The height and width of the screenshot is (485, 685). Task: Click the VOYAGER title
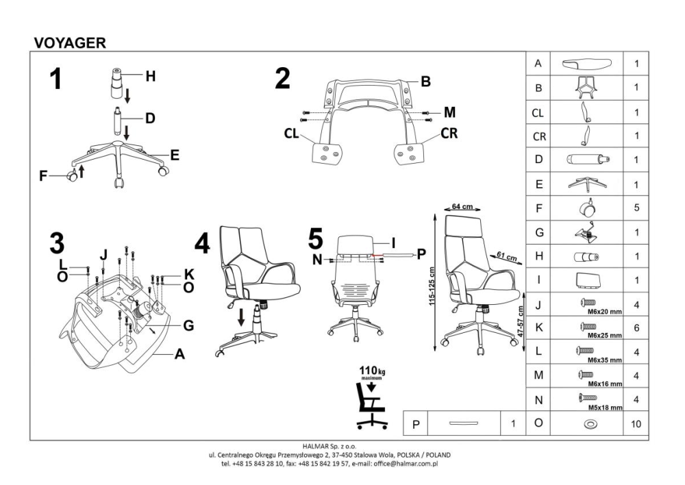coord(70,42)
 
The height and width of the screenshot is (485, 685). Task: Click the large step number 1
coord(55,79)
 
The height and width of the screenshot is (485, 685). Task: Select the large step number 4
coord(202,243)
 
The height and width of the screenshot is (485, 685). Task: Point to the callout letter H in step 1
coord(150,77)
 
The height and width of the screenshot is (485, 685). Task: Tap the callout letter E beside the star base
coord(175,155)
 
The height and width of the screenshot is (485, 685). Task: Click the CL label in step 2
coord(291,134)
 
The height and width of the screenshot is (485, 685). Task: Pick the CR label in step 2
coord(449,133)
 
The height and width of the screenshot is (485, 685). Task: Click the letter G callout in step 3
coord(188,325)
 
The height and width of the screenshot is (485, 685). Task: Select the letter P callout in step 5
coord(421,254)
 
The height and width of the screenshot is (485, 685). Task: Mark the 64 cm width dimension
coord(462,206)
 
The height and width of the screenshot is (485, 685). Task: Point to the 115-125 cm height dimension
coord(432,286)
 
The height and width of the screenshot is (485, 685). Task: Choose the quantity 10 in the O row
coord(636,424)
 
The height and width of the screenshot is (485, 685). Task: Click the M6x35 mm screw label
coord(605,360)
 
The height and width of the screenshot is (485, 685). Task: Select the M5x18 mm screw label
coord(605,408)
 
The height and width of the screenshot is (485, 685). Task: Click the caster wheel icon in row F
coord(587,208)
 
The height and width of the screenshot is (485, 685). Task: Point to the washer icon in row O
coord(590,424)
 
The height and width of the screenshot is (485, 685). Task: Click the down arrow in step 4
coord(240,316)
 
